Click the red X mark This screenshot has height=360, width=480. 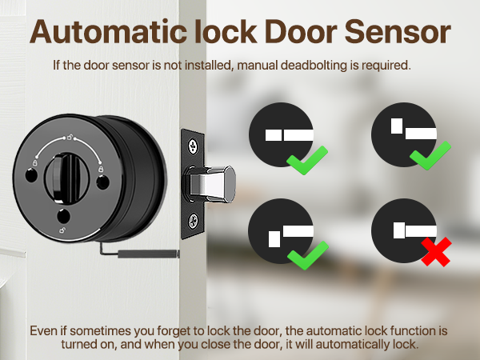point(434,254)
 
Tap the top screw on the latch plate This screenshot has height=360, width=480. point(193,146)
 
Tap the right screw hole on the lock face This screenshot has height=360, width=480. point(103,182)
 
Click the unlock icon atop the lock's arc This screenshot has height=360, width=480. point(70,139)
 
